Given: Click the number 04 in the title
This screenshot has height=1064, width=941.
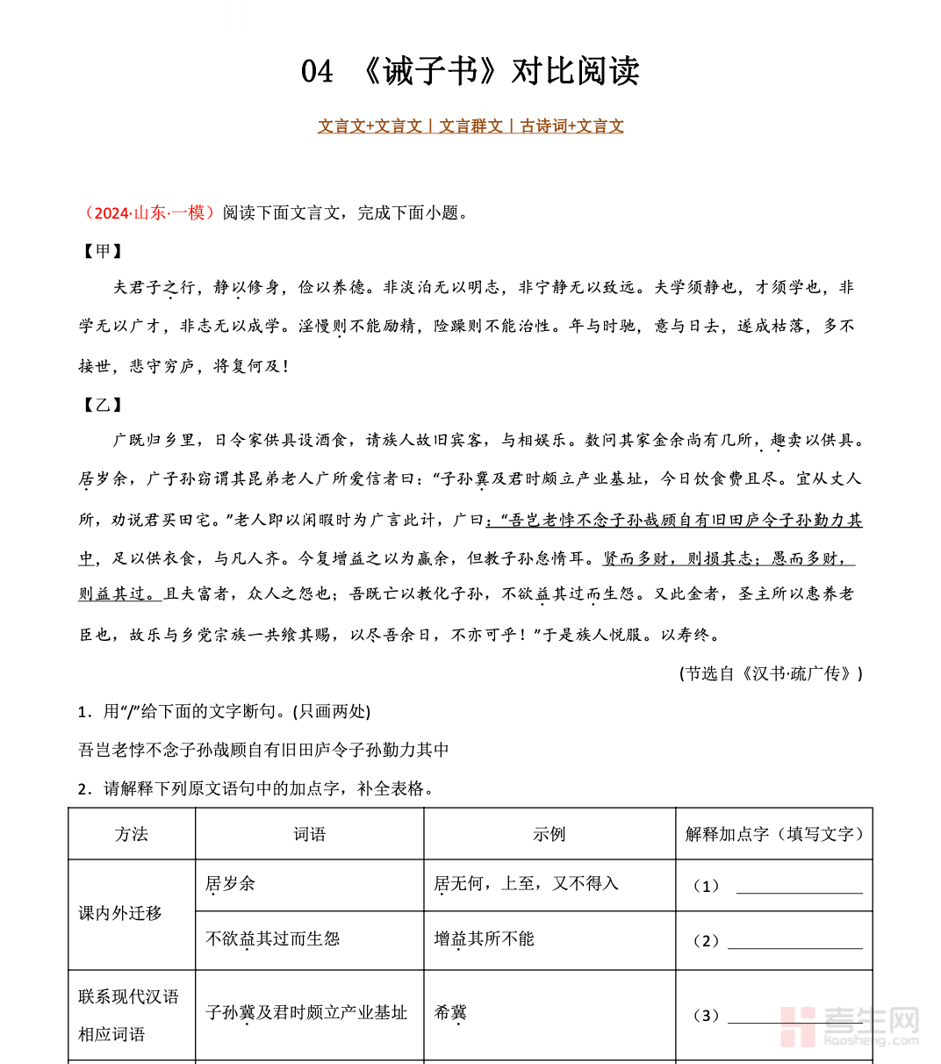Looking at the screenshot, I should pos(317,71).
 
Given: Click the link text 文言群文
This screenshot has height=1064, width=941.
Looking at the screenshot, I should pos(470,126).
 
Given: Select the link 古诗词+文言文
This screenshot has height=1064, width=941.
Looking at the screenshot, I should pos(571,126).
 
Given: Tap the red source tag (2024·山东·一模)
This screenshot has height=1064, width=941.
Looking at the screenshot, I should pos(147,212).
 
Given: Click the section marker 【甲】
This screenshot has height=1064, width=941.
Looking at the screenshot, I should pos(103,251).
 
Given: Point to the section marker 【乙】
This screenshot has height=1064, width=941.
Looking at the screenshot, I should pos(103,404).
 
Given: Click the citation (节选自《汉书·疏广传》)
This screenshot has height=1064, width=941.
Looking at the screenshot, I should pos(770,673).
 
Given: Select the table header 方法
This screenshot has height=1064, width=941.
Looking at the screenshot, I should pos(132,834).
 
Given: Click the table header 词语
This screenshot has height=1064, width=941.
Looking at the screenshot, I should pos(309,834).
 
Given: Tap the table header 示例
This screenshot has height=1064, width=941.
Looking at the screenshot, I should pos(549,834).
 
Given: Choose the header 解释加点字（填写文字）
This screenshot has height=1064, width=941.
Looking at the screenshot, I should pos(773,834).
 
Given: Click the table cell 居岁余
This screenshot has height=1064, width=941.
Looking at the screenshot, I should pos(230,884).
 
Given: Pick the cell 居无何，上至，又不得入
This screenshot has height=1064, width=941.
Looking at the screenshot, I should pos(526,884).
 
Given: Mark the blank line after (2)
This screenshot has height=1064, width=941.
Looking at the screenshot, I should pos(794,943).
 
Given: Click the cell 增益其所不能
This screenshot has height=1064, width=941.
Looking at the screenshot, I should pos(484,938).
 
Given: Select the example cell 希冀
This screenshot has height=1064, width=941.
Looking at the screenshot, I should pos(450,1012).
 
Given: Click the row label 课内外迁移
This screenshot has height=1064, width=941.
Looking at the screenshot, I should pos(120,913).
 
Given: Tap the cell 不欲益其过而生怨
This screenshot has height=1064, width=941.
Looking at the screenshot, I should pos(272,938).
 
